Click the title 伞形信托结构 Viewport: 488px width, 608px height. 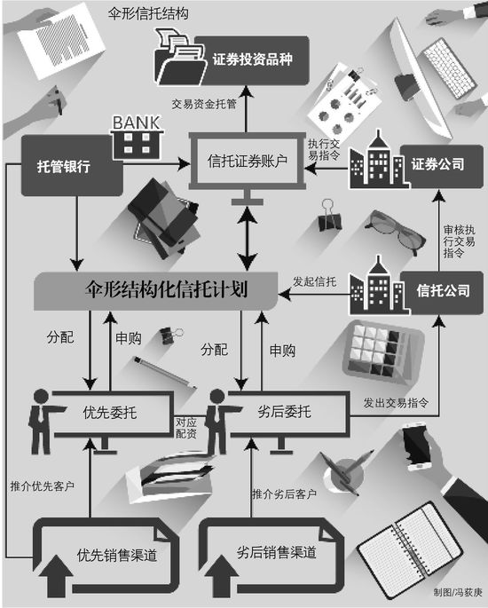coord(148,14)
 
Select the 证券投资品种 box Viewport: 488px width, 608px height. coord(252,60)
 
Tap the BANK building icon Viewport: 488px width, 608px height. coord(136,138)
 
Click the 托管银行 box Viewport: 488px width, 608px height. coord(72,166)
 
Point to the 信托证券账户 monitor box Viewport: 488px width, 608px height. coord(247,161)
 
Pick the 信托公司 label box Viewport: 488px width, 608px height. coord(442,292)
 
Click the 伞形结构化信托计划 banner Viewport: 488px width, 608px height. coord(156,291)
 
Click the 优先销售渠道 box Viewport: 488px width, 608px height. coord(106,556)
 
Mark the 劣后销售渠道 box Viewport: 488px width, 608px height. coord(271,556)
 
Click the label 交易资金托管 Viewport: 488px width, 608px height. coord(204,104)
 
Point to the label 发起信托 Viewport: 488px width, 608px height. coord(314,281)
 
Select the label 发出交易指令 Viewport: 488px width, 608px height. coord(396,403)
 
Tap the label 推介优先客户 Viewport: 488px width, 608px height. coord(42,486)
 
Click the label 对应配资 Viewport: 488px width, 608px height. coord(186,428)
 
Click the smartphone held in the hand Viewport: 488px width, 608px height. coord(416,447)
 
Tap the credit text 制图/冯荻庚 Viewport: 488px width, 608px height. coord(458,592)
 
